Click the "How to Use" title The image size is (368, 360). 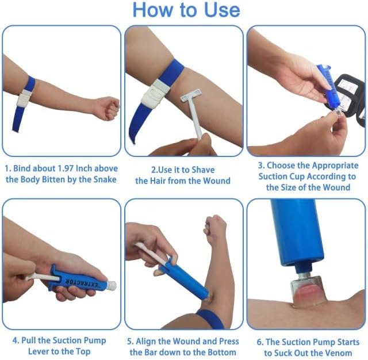pos(186,10)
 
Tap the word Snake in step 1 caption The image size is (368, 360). pos(105,179)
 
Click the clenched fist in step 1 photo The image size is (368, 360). pos(106,108)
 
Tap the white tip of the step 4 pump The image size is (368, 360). pos(112,285)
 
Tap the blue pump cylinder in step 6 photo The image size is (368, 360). pos(298,231)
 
